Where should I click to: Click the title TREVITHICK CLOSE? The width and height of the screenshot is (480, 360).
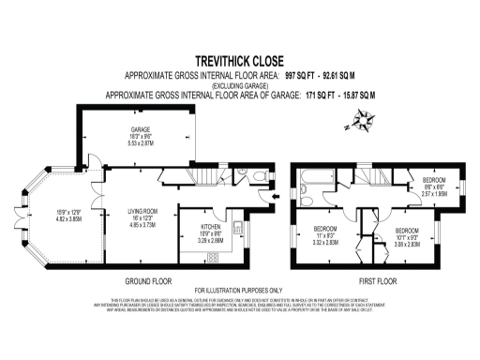click(239, 57)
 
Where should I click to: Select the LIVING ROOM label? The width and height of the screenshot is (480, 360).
click(142, 214)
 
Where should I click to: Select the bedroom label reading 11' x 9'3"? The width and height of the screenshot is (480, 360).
click(322, 235)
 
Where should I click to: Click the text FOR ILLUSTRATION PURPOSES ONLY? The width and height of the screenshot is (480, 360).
click(239, 290)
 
